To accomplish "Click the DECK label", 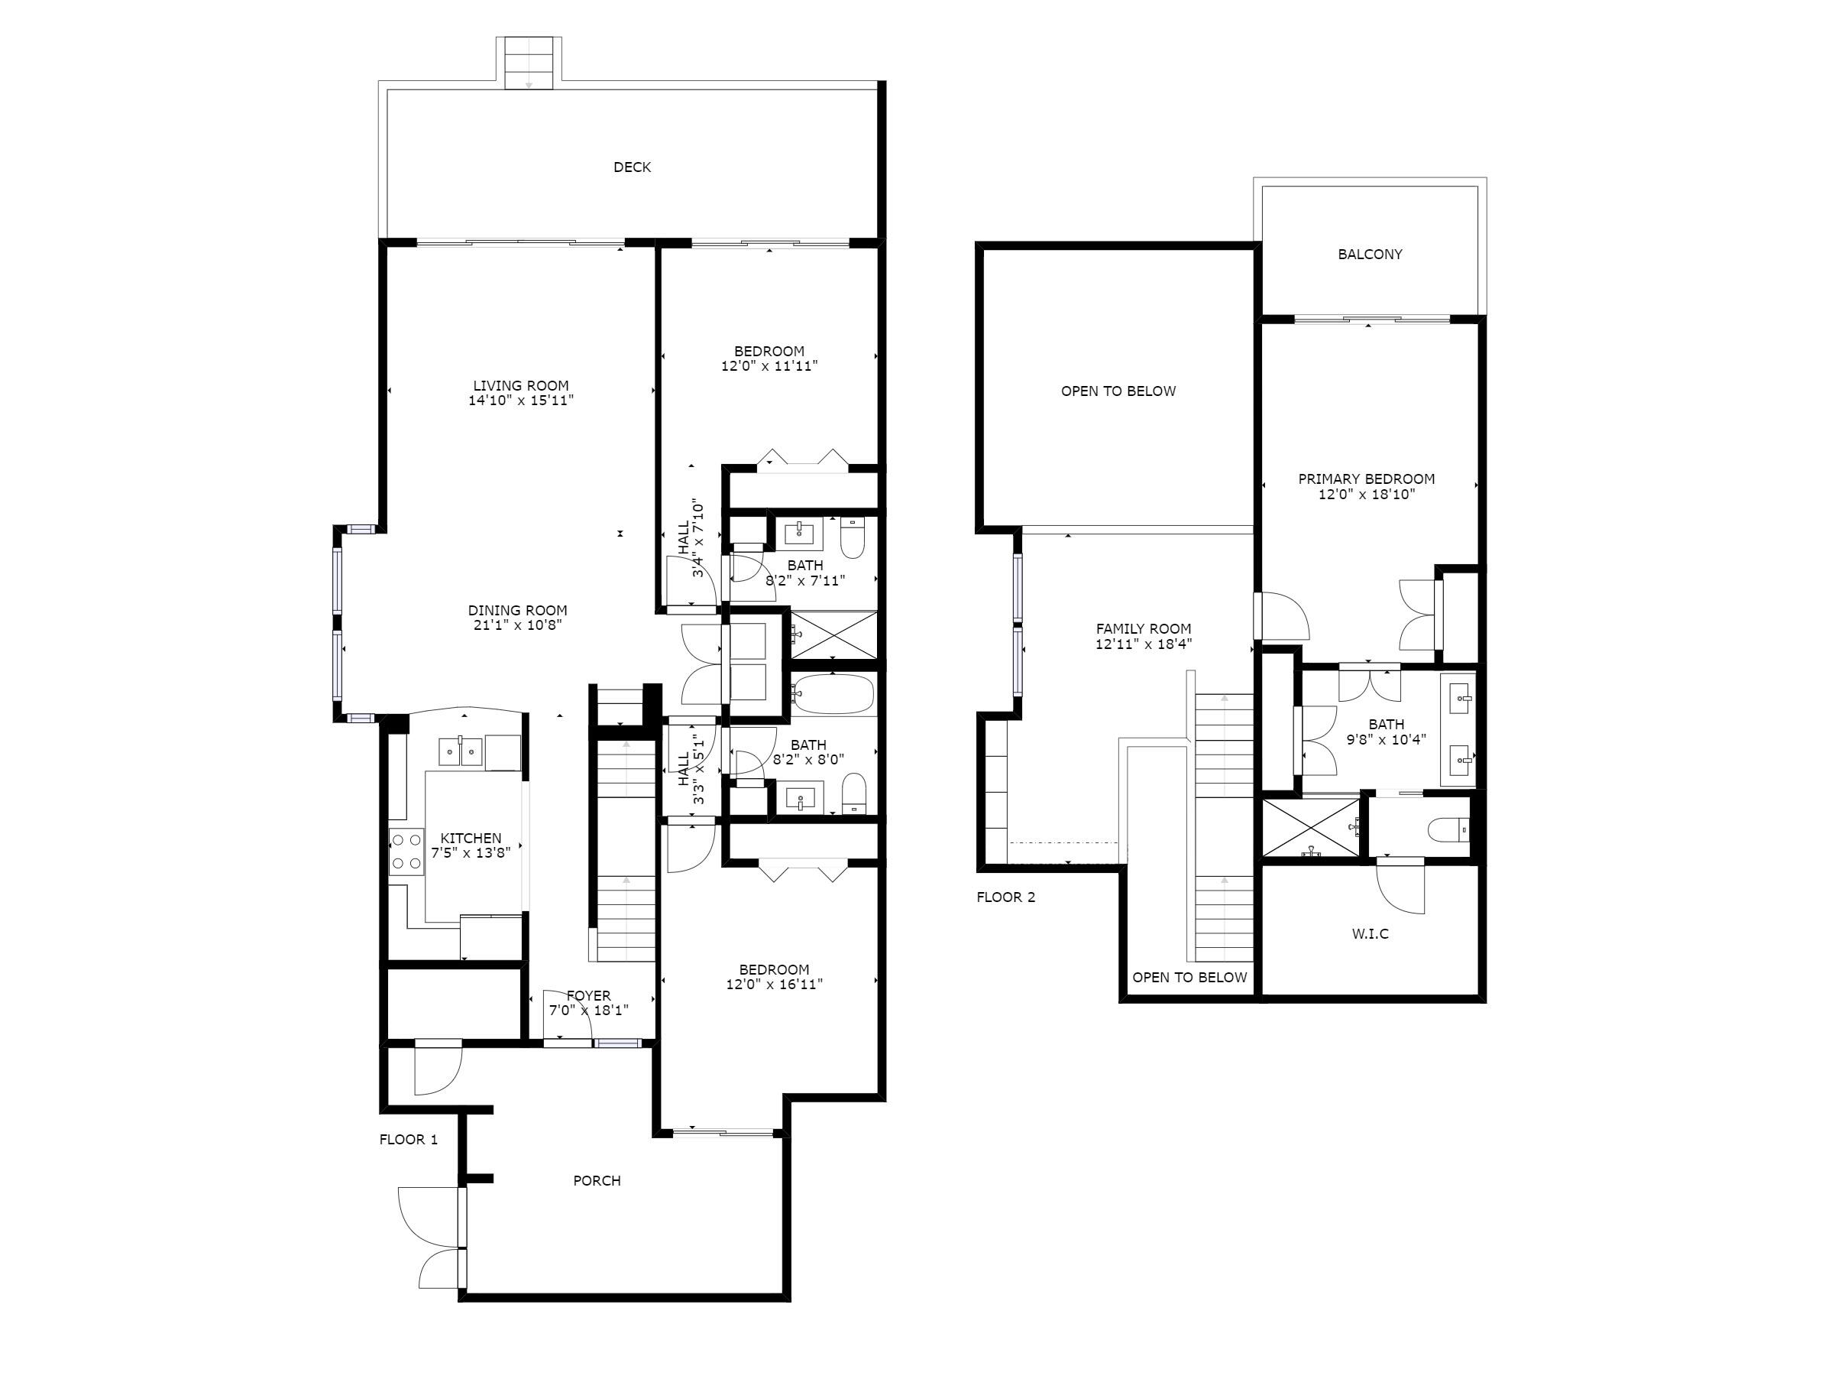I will pos(632,167).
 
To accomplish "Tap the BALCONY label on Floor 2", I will pos(1370,255).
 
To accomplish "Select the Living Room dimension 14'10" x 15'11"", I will pos(521,401).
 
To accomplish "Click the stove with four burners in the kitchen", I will pos(406,852).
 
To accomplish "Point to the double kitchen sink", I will pos(461,752).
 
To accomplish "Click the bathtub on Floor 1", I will pos(833,695).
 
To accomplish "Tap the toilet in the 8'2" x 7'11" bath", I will pos(853,539).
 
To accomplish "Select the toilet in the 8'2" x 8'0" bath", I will pos(853,793).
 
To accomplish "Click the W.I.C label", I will pos(1370,934).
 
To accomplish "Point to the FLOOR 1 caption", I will pos(408,1139).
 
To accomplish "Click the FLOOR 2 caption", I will pos(1005,897).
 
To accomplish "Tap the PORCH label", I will pos(597,1181).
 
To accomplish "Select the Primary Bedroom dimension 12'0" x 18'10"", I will pos(1367,495).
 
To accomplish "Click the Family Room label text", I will pos(1143,629).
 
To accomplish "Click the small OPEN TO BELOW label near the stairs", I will pos(1189,977).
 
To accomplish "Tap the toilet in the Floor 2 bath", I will pos(1449,829).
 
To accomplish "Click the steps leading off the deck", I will pos(529,63).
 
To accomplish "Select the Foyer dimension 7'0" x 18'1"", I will pos(588,1011).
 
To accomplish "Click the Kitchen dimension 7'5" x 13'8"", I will pos(471,852).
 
